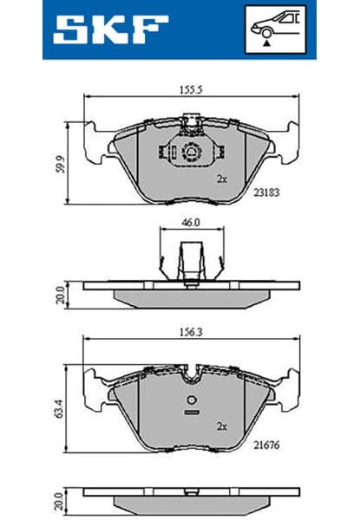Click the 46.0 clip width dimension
(x=190, y=223)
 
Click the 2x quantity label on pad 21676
(x=221, y=426)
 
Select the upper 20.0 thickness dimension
(x=60, y=295)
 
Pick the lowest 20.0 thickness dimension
(x=60, y=501)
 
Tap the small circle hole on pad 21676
(x=190, y=400)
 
